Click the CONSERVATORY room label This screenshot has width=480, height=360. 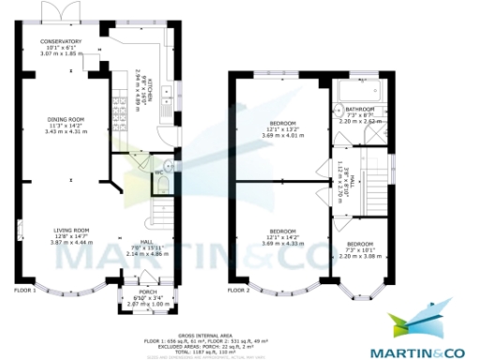[60, 42]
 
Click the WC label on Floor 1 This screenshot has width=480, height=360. [159, 172]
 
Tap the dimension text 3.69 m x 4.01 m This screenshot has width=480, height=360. [282, 135]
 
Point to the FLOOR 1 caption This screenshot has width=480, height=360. [24, 291]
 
